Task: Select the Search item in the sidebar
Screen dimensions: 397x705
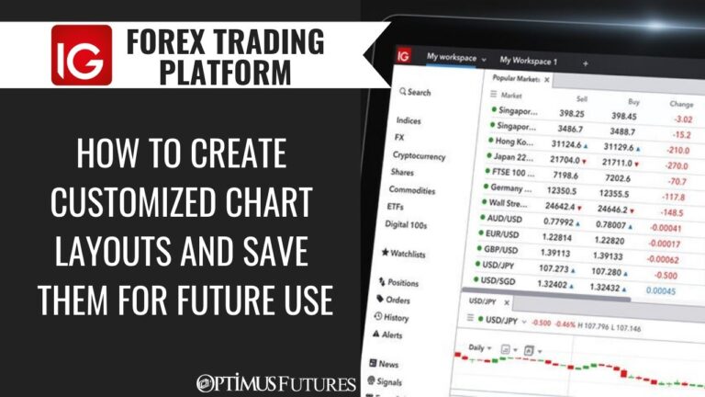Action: tap(414, 92)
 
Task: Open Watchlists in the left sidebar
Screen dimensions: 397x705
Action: tap(410, 251)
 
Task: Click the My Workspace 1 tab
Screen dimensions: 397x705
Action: tap(531, 61)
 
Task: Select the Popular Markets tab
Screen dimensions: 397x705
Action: tap(520, 80)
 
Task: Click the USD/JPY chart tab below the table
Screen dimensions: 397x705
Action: tap(484, 301)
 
